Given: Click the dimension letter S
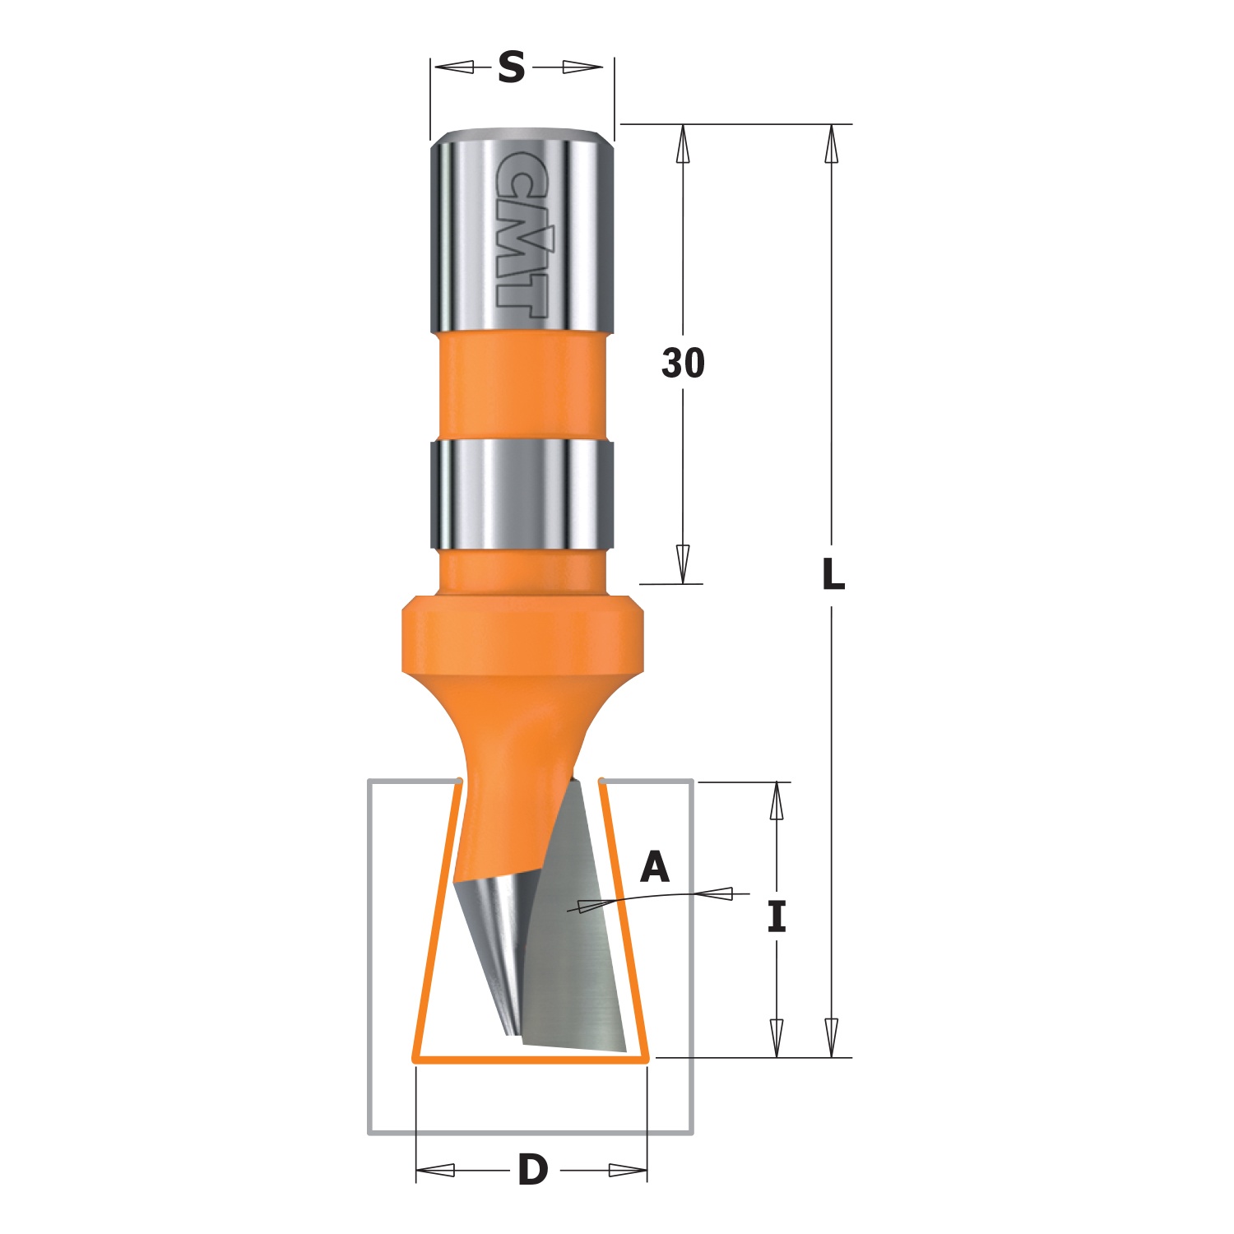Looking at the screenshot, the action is [x=511, y=67].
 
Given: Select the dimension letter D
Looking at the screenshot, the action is [x=532, y=1170].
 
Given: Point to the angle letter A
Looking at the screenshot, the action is [x=655, y=867].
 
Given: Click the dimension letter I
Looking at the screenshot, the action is [x=777, y=916].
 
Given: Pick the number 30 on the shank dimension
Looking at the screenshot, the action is [x=683, y=363].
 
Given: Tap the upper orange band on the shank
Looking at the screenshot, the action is [x=522, y=387].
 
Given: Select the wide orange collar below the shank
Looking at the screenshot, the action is [x=522, y=638].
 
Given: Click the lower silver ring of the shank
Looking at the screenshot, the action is [x=522, y=495].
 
